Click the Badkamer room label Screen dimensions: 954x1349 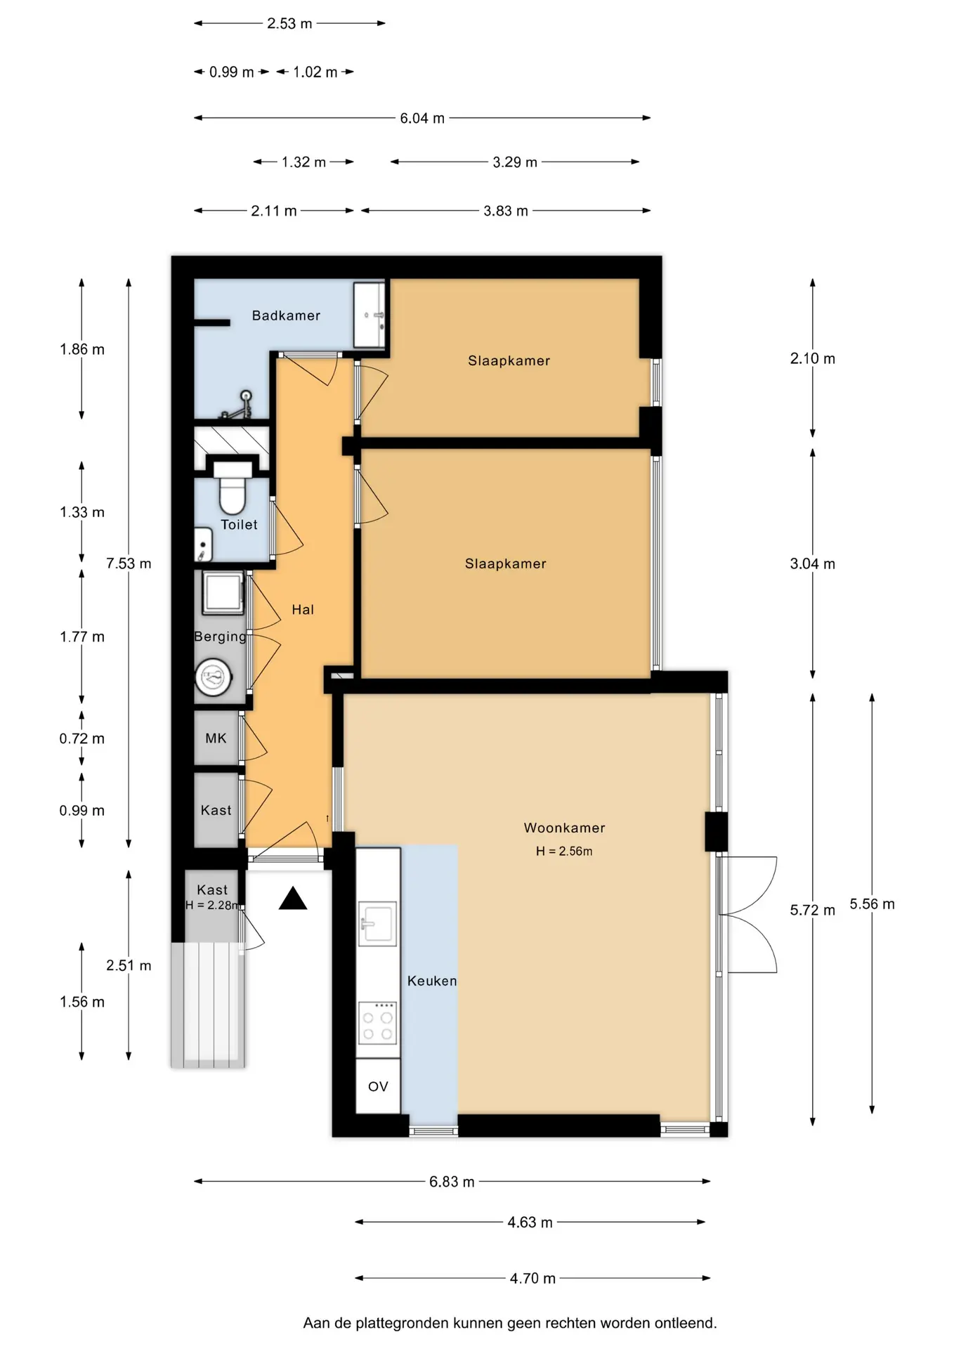point(286,315)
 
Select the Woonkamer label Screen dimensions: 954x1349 point(564,828)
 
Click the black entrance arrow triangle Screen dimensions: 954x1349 point(293,899)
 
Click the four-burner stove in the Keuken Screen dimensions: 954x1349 point(378,1022)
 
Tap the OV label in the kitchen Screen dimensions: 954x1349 point(378,1086)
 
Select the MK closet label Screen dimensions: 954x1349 point(216,738)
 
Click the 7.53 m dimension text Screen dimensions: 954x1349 point(129,563)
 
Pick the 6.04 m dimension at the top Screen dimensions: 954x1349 point(422,118)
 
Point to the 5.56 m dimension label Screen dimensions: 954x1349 point(872,904)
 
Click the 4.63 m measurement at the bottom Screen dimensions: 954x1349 point(530,1223)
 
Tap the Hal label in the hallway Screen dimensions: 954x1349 point(303,610)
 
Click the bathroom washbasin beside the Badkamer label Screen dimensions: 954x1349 point(370,315)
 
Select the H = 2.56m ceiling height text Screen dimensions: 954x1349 point(564,852)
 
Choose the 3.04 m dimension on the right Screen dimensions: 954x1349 point(813,563)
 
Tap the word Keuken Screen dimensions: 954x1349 point(432,981)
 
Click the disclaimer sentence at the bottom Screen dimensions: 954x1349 point(510,1323)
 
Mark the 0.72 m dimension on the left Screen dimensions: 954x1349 point(82,738)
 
